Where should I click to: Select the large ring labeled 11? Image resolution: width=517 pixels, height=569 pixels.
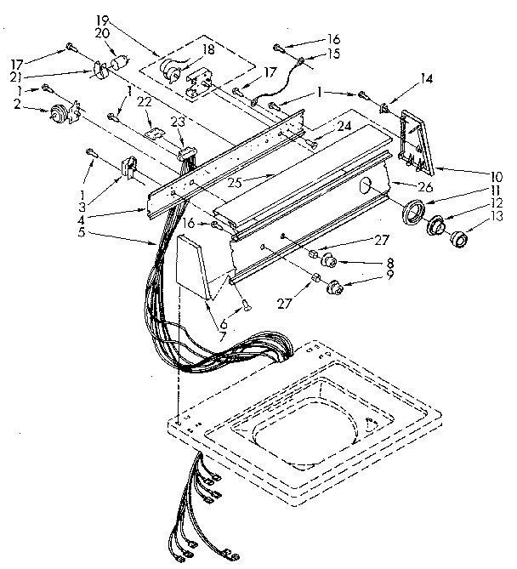(413, 213)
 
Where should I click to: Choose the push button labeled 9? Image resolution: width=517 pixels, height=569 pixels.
(334, 287)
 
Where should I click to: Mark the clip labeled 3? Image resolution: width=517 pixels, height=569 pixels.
(131, 169)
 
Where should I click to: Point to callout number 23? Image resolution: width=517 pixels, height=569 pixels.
(178, 122)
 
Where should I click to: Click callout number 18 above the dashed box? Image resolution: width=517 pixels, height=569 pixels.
(204, 51)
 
